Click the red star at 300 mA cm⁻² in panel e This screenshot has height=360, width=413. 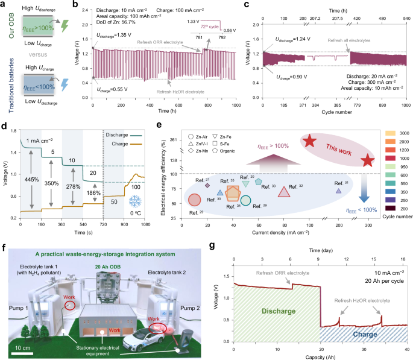[x=367, y=160]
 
